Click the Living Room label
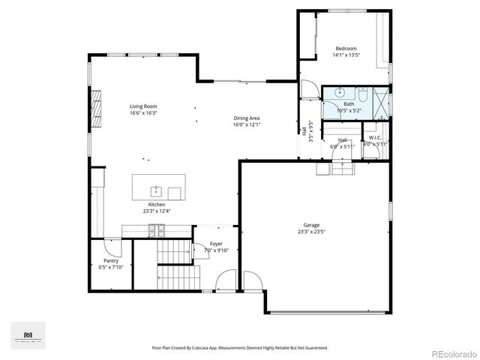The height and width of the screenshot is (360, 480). (x=143, y=106)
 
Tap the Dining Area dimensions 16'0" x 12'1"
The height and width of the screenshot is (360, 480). (x=247, y=125)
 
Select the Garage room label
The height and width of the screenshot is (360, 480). (x=311, y=225)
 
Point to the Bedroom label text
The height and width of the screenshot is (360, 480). (x=346, y=48)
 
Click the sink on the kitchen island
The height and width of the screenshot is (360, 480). (x=157, y=190)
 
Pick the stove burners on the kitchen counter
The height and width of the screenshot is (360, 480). (x=157, y=232)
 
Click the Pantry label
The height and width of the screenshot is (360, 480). (x=111, y=260)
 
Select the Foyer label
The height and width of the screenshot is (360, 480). (x=216, y=244)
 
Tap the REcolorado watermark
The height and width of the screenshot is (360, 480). (x=454, y=352)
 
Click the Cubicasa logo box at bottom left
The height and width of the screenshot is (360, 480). (x=28, y=335)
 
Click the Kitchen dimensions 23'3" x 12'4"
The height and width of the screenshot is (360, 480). (x=156, y=211)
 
